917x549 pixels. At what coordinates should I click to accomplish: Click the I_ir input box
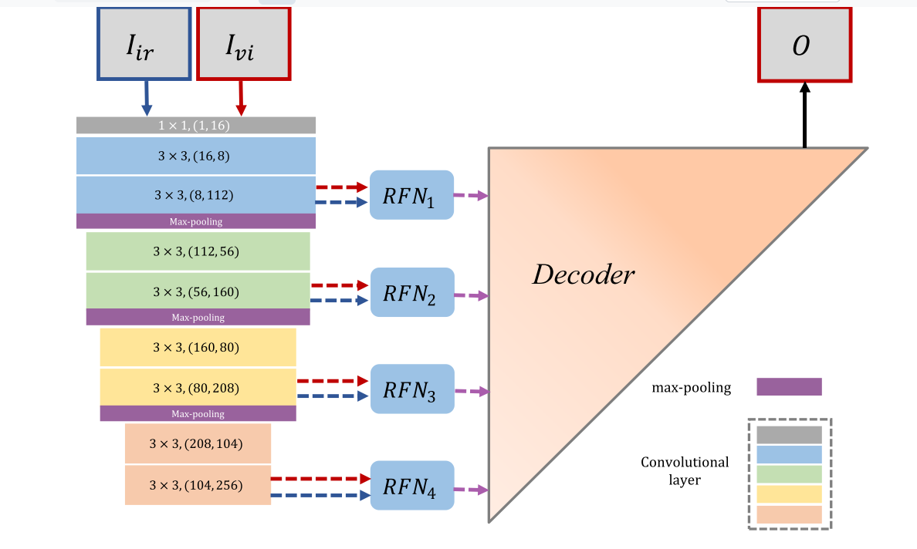144,45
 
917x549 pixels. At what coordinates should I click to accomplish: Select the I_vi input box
243,45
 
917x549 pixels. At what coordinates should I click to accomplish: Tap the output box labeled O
804,45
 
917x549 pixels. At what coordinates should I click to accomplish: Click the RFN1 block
411,195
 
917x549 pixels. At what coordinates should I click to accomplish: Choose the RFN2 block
412,292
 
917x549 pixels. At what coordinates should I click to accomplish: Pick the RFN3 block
412,389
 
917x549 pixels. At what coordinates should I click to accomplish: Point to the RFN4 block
412,485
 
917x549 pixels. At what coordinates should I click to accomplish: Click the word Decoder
583,274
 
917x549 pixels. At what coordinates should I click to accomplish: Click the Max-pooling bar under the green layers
198,317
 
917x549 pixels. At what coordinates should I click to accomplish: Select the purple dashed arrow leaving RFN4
471,490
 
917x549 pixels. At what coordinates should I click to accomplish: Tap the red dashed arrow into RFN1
341,187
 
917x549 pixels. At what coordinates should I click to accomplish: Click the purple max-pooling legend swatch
789,386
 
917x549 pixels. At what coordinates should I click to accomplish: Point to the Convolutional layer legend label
685,470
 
